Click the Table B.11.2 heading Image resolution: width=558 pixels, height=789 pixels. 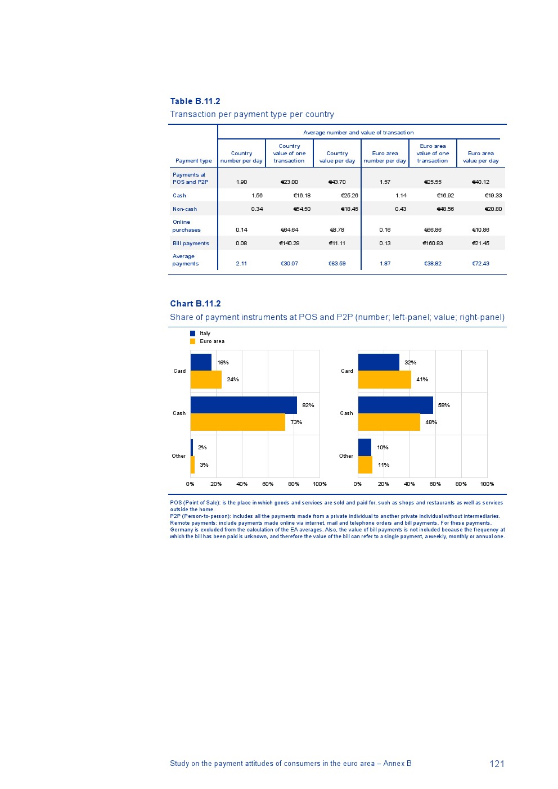pyautogui.click(x=195, y=101)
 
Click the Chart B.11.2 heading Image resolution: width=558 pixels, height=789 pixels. pyautogui.click(x=195, y=304)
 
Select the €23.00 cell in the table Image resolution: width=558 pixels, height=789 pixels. pyautogui.click(x=289, y=182)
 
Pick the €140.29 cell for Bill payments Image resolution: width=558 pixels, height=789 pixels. pyautogui.click(x=289, y=244)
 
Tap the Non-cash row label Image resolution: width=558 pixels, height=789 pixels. pyautogui.click(x=184, y=209)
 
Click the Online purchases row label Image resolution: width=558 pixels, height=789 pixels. pyautogui.click(x=186, y=226)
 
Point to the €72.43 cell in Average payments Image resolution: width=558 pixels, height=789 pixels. pyautogui.click(x=480, y=264)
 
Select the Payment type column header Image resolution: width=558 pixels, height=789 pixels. pyautogui.click(x=193, y=161)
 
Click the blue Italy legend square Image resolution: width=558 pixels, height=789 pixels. pyautogui.click(x=193, y=333)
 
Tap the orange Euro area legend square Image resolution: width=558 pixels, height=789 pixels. pyautogui.click(x=193, y=341)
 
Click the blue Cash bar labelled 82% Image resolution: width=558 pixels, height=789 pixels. pyautogui.click(x=244, y=405)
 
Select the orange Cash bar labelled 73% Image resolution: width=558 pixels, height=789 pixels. pyautogui.click(x=237, y=422)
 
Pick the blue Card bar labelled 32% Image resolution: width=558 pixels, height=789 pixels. pyautogui.click(x=379, y=362)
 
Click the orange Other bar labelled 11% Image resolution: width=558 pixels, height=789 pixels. pyautogui.click(x=365, y=465)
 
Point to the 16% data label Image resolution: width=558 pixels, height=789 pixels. pyautogui.click(x=223, y=363)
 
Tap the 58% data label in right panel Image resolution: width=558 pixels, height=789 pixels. pyautogui.click(x=444, y=405)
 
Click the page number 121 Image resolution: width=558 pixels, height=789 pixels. pyautogui.click(x=497, y=764)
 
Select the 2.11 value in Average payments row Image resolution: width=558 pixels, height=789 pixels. pyautogui.click(x=241, y=264)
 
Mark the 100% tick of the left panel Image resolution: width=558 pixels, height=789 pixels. pyautogui.click(x=319, y=484)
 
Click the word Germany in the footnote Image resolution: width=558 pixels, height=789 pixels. pyautogui.click(x=182, y=530)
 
